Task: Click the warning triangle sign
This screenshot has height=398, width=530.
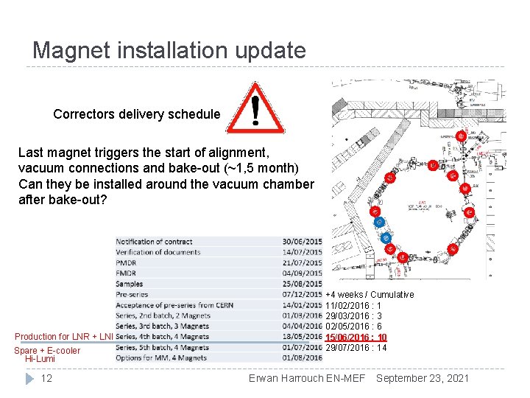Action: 255,108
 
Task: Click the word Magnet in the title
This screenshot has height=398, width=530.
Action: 71,50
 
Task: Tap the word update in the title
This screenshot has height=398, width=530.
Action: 268,50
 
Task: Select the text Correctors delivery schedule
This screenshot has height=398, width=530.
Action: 136,114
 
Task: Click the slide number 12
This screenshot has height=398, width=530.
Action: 46,378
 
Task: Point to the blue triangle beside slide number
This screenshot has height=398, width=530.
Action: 29,378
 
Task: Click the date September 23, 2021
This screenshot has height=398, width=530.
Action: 423,378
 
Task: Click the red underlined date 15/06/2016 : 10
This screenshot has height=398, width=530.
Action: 356,337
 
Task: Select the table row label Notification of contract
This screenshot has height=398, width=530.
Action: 154,242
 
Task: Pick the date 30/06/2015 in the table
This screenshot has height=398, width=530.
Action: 302,242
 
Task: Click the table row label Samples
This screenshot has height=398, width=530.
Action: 129,284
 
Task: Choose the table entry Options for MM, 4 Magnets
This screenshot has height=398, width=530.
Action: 162,358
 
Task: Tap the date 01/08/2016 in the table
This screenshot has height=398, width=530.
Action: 302,358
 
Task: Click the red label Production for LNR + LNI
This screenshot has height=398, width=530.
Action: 64,337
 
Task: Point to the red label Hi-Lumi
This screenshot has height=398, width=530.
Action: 40,359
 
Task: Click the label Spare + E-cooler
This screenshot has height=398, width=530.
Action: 47,350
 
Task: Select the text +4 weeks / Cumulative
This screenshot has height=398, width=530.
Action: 370,294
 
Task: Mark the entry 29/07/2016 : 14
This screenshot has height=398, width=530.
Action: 356,347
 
